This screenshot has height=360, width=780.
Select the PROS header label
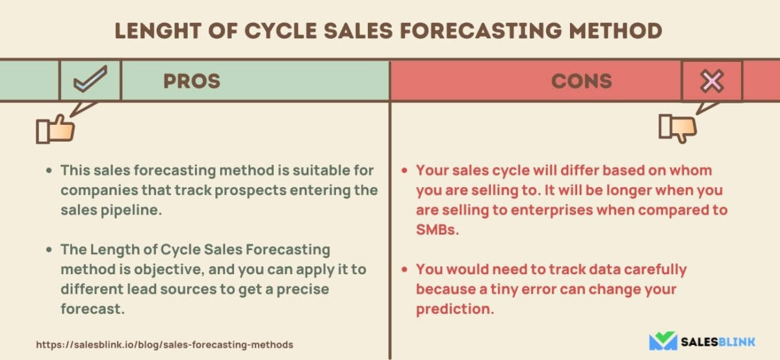[x=191, y=81]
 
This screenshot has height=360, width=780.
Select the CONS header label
[x=582, y=81]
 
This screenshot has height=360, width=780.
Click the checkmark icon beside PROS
[x=90, y=81]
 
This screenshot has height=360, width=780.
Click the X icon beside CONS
[x=711, y=81]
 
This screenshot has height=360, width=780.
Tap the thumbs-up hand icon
[x=55, y=130]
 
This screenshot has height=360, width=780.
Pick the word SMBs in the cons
[x=437, y=230]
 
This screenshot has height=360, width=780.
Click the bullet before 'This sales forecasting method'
[x=49, y=171]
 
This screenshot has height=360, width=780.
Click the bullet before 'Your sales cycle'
[x=404, y=171]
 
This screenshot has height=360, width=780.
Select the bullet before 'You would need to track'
[x=404, y=270]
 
